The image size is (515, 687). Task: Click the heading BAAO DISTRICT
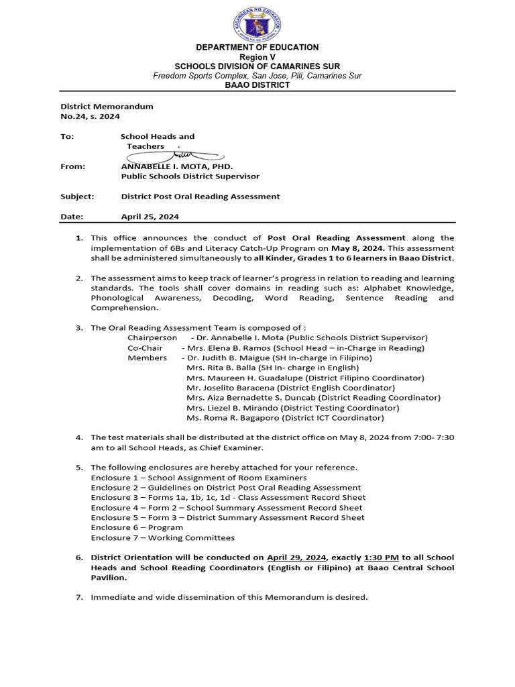pyautogui.click(x=257, y=85)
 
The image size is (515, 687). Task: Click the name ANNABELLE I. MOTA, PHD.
pyautogui.click(x=176, y=166)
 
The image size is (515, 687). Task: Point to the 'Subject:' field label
pyautogui.click(x=77, y=197)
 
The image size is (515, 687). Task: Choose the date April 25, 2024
pyautogui.click(x=150, y=217)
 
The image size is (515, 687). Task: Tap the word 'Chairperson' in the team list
pyautogui.click(x=152, y=337)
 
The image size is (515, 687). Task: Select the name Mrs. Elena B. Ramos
pyautogui.click(x=225, y=348)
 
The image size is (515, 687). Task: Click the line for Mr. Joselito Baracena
pyautogui.click(x=290, y=388)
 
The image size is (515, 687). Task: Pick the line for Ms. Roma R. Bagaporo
pyautogui.click(x=285, y=417)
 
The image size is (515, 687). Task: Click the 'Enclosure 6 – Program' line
pyautogui.click(x=137, y=527)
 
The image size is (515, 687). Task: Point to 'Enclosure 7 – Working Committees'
pyautogui.click(x=162, y=537)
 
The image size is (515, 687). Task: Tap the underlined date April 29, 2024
pyautogui.click(x=296, y=557)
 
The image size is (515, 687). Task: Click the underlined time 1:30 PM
pyautogui.click(x=381, y=557)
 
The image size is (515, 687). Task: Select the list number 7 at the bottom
pyautogui.click(x=78, y=597)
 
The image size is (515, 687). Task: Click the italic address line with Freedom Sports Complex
pyautogui.click(x=257, y=76)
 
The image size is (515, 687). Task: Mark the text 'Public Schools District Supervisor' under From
pyautogui.click(x=190, y=176)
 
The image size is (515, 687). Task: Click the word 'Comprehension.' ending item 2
pyautogui.click(x=125, y=307)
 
